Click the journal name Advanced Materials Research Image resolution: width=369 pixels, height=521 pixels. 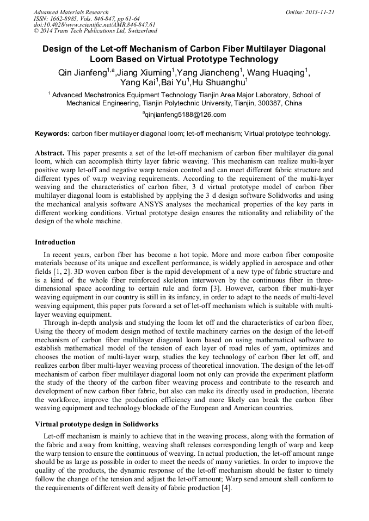[x=71, y=11]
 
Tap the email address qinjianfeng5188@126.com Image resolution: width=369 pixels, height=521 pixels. [x=184, y=115]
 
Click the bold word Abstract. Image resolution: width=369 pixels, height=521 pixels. [x=50, y=153]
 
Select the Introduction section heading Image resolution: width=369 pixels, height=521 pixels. [x=55, y=242]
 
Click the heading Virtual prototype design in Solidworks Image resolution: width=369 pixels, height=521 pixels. [x=97, y=424]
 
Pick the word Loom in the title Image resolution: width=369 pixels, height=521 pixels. [x=102, y=59]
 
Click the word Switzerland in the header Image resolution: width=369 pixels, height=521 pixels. [x=139, y=31]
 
